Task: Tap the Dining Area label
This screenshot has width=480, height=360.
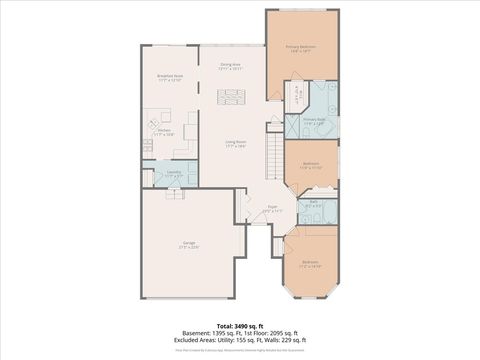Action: coord(231,66)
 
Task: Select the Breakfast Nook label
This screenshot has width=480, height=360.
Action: coord(169,76)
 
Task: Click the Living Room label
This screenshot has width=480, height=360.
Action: coord(235,144)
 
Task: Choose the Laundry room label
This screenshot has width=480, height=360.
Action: coord(174,173)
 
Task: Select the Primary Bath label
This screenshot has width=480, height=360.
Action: coord(315,121)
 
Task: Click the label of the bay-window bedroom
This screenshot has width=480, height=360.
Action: coord(311,265)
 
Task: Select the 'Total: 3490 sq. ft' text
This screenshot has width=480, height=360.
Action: coord(239,325)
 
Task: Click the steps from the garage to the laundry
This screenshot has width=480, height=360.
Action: coord(175,192)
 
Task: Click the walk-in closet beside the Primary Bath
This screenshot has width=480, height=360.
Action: coord(298,97)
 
